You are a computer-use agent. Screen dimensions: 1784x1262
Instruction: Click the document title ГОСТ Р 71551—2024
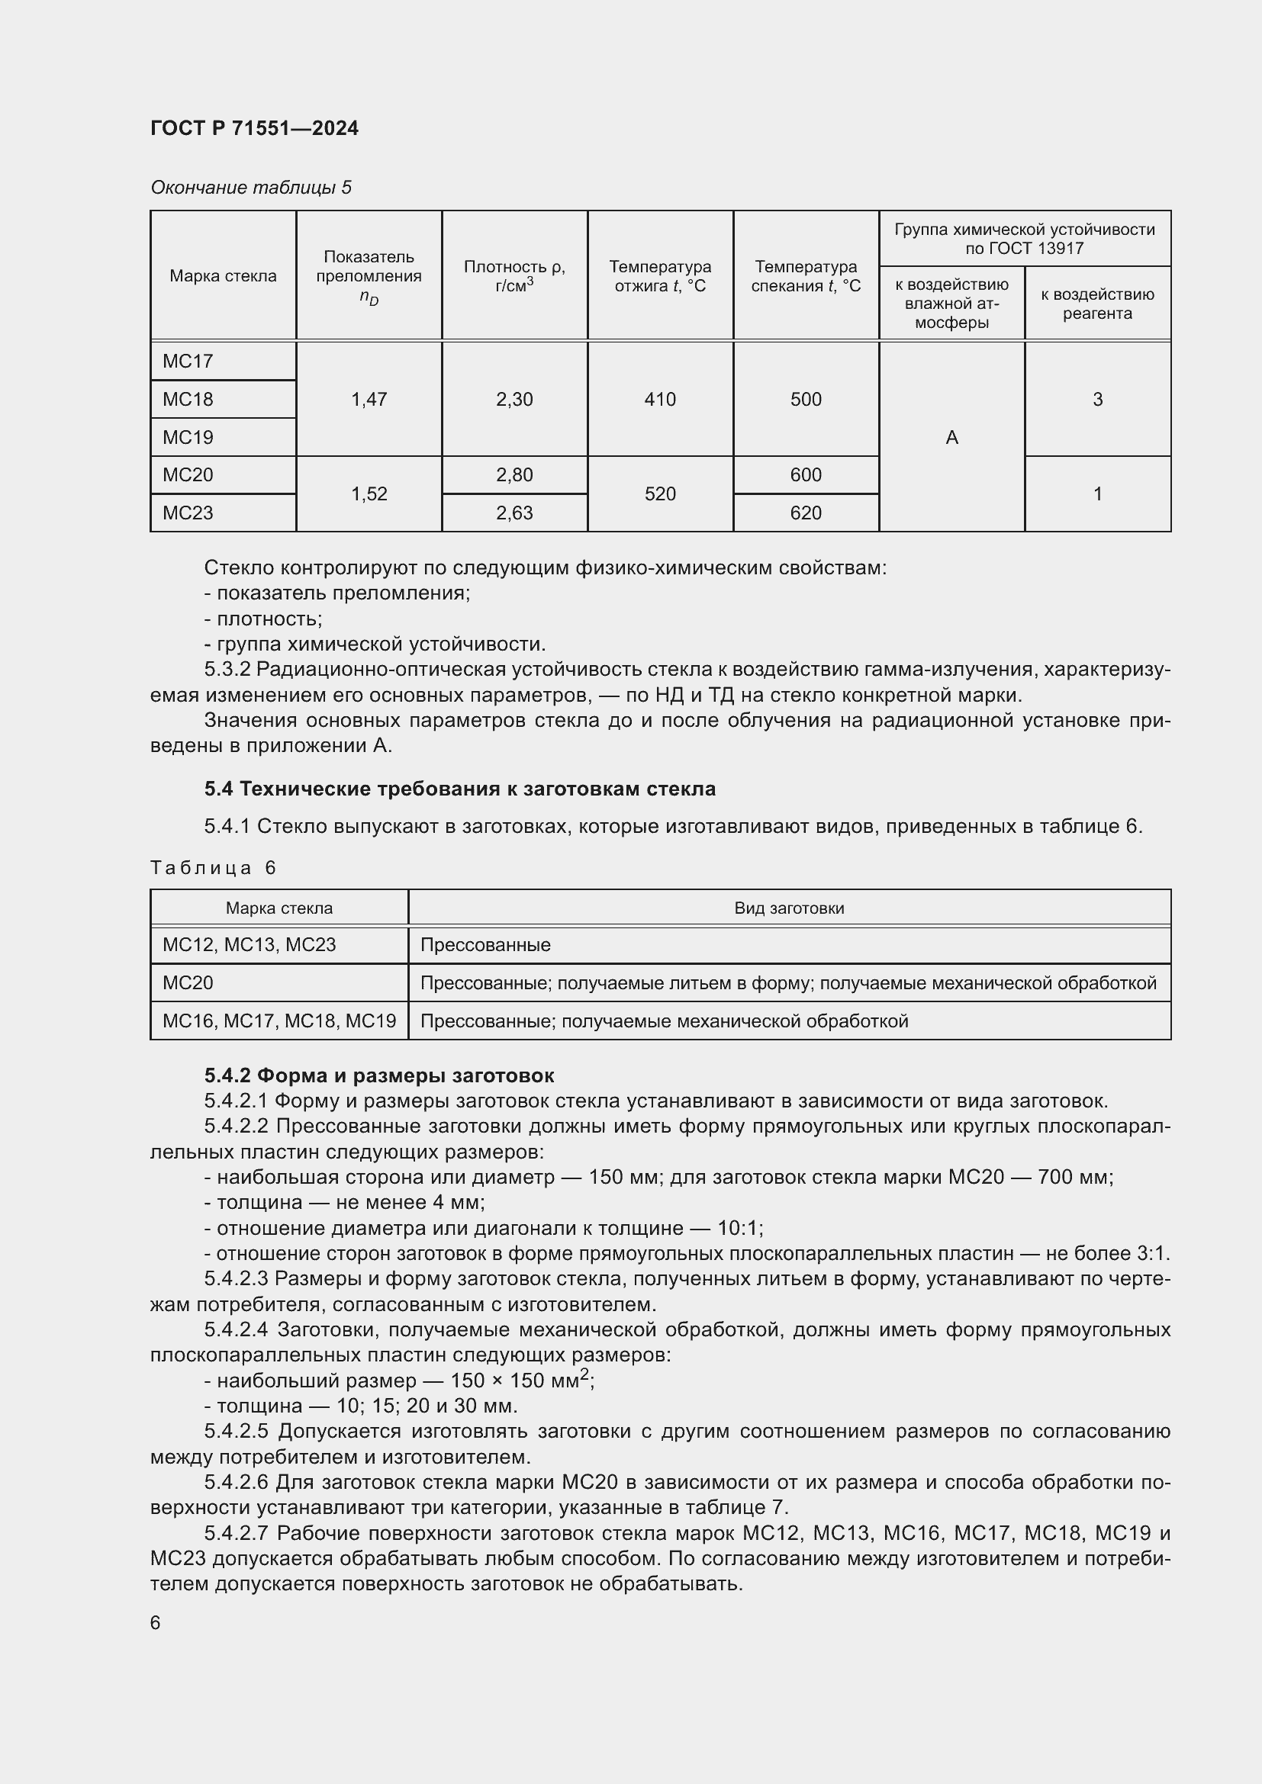(254, 128)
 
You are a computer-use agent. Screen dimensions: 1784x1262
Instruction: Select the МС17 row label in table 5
(188, 362)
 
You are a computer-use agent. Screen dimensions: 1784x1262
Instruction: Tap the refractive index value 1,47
(369, 400)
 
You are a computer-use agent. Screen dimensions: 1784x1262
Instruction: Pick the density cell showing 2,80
(513, 474)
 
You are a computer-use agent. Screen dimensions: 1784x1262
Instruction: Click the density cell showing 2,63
(513, 513)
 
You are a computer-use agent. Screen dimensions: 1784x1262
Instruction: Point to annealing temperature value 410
(660, 400)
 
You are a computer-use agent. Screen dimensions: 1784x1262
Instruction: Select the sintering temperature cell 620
(805, 513)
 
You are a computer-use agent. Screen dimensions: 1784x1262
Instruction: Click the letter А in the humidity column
(951, 438)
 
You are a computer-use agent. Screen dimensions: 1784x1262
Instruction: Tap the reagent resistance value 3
(1097, 400)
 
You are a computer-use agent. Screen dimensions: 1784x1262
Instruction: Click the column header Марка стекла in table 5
(223, 276)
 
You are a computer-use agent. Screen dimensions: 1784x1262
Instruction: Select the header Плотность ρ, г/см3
(513, 276)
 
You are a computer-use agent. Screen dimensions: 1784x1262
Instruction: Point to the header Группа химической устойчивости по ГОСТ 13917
(1024, 239)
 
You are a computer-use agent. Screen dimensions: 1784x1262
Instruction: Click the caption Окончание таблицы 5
(250, 188)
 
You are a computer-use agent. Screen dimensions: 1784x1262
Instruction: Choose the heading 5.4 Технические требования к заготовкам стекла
(459, 789)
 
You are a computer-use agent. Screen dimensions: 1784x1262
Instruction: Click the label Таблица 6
(214, 868)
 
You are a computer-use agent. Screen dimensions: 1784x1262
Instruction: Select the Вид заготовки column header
(789, 908)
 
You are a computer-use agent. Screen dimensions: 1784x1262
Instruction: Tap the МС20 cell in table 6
(188, 983)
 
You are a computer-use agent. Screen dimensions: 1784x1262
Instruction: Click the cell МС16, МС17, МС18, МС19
(279, 1021)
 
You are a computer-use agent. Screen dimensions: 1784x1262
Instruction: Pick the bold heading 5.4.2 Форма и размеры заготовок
(379, 1075)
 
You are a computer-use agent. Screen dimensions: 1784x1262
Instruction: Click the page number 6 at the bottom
(156, 1623)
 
